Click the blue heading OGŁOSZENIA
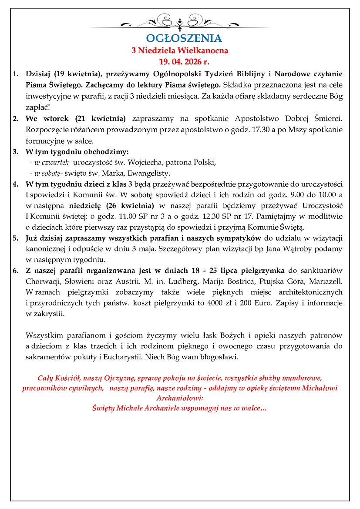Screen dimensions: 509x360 point(180,38)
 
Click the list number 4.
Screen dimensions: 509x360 point(15,184)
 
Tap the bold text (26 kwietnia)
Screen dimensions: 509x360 point(132,205)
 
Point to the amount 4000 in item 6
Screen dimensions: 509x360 point(255,303)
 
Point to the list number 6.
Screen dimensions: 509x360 point(15,271)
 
